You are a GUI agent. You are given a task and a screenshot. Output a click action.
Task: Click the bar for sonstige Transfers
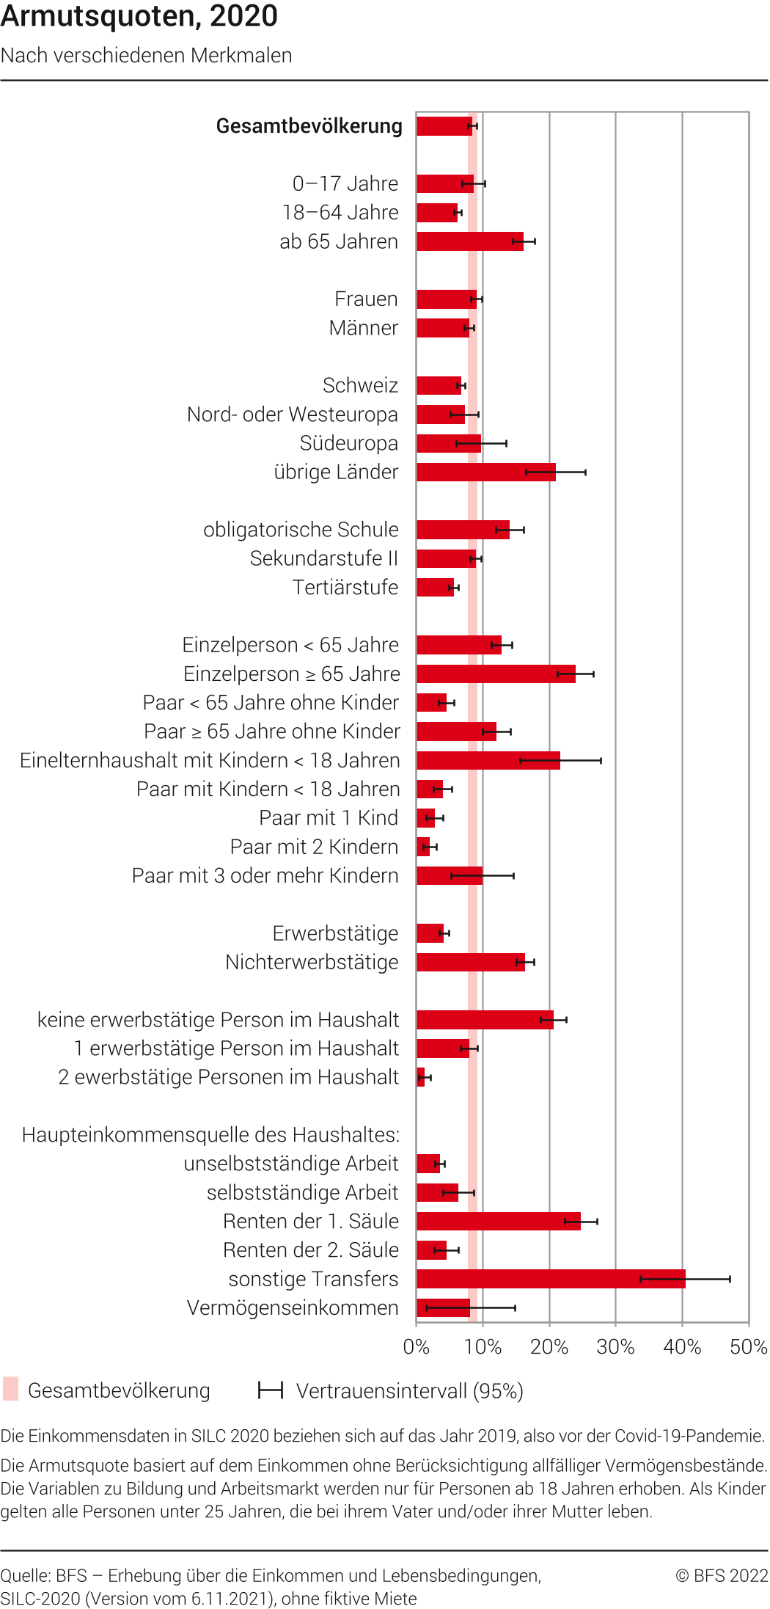pyautogui.click(x=550, y=1279)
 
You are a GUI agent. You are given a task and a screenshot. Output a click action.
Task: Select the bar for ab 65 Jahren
pyautogui.click(x=469, y=241)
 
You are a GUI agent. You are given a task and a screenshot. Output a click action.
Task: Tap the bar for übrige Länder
pyautogui.click(x=485, y=472)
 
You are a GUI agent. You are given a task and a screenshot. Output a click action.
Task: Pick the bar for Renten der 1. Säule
pyautogui.click(x=498, y=1222)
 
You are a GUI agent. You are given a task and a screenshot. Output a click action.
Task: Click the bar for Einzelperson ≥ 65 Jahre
pyautogui.click(x=496, y=674)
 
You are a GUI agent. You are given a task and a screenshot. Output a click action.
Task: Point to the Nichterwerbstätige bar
pyautogui.click(x=470, y=962)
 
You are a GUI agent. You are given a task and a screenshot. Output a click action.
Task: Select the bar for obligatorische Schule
pyautogui.click(x=463, y=530)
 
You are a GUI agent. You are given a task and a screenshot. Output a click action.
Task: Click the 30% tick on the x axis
pyautogui.click(x=615, y=1347)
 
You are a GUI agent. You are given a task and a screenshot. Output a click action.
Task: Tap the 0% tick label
pyautogui.click(x=416, y=1347)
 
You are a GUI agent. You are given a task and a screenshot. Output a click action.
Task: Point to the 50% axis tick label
pyautogui.click(x=748, y=1347)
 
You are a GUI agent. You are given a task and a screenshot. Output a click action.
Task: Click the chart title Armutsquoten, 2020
pyautogui.click(x=139, y=16)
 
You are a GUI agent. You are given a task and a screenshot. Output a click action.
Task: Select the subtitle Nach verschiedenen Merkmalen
pyautogui.click(x=147, y=56)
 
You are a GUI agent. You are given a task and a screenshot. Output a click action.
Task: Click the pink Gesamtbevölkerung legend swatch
pyautogui.click(x=10, y=1390)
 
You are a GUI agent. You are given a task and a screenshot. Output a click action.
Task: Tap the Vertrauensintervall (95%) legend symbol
pyautogui.click(x=271, y=1390)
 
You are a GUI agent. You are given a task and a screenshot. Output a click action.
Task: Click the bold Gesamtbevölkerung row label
pyautogui.click(x=309, y=126)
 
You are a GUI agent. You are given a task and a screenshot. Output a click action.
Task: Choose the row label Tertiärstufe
pyautogui.click(x=345, y=587)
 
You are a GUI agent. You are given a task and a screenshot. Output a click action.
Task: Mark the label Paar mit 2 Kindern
pyautogui.click(x=314, y=847)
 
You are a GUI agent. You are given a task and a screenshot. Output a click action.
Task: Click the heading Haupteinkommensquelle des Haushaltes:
pyautogui.click(x=211, y=1135)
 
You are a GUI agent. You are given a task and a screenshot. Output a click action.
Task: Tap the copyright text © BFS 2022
pyautogui.click(x=722, y=1575)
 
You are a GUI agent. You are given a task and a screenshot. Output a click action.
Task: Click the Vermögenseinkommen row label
pyautogui.click(x=293, y=1307)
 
